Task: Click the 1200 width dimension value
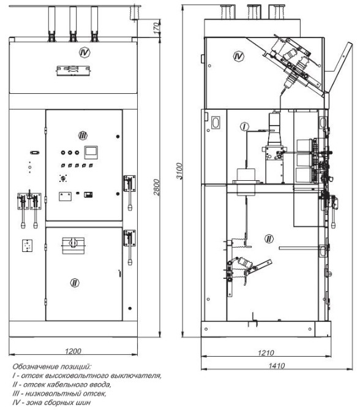[73, 351]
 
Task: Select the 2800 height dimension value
[157, 187]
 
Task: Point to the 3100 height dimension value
[179, 171]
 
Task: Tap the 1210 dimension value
[266, 353]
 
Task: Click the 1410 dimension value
[277, 365]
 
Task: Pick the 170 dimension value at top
[156, 28]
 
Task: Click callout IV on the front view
[84, 53]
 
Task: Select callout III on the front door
[83, 135]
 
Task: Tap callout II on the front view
[75, 283]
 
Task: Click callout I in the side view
[244, 127]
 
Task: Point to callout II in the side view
[269, 239]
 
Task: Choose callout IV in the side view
[238, 56]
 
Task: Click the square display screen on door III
[91, 152]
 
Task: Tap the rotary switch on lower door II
[73, 245]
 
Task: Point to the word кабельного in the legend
[63, 385]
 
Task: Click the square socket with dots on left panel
[27, 246]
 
